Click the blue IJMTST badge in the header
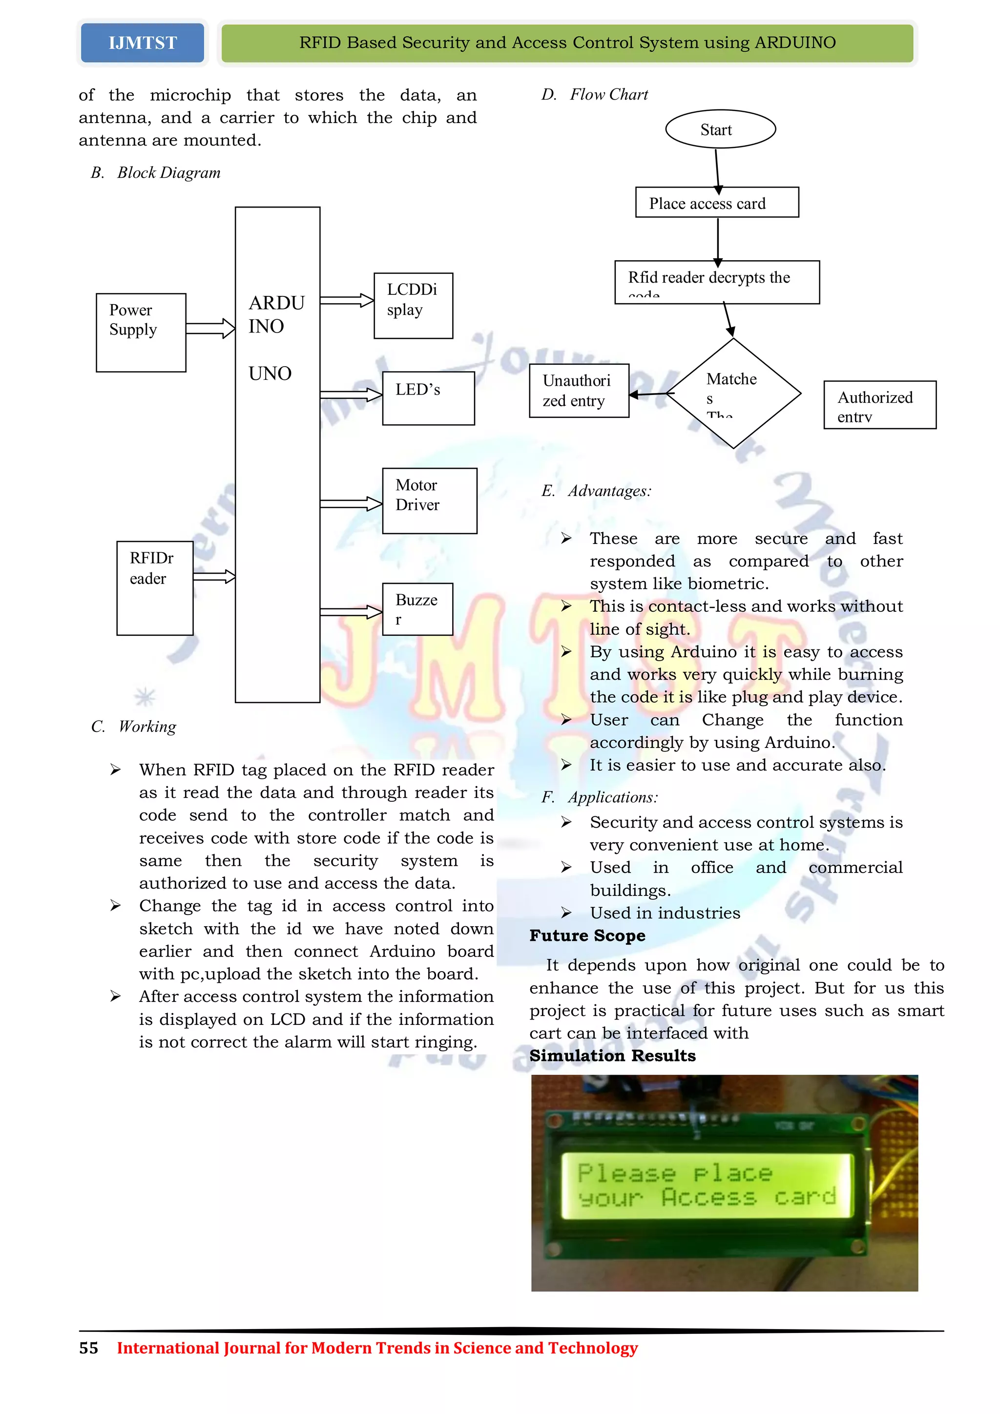(142, 43)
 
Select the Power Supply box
(141, 333)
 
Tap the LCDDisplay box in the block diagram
(413, 306)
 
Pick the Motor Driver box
(429, 500)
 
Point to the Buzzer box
(417, 609)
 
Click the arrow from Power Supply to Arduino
(210, 328)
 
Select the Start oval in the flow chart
(720, 129)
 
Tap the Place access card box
(717, 203)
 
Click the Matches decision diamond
(733, 393)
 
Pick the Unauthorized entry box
(579, 391)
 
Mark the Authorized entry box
(879, 405)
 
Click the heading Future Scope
(587, 936)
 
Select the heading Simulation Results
(613, 1056)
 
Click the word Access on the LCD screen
(708, 1198)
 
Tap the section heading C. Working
(134, 727)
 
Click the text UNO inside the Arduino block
(270, 373)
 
